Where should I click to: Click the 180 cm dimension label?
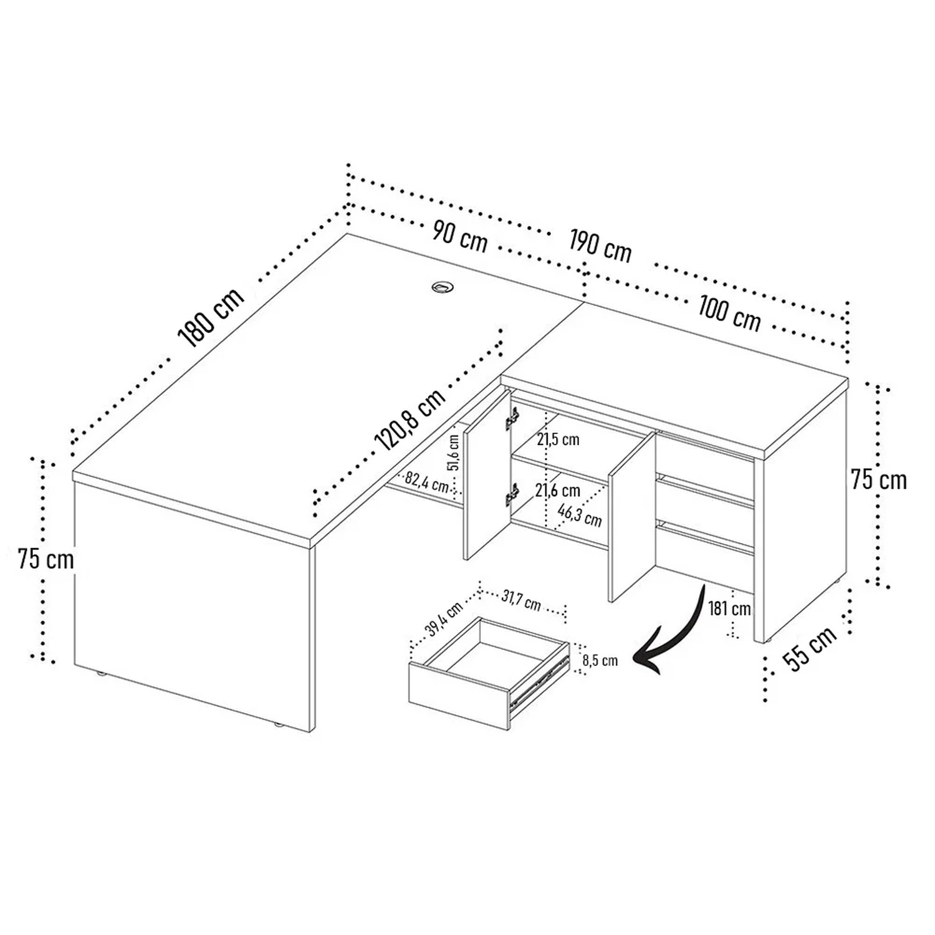pyautogui.click(x=211, y=317)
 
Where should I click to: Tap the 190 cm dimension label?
pyautogui.click(x=600, y=245)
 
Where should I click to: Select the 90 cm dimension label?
pyautogui.click(x=459, y=236)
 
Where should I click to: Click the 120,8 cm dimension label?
pyautogui.click(x=410, y=419)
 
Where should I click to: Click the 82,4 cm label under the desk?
pyautogui.click(x=427, y=482)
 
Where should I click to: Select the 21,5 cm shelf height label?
pyautogui.click(x=558, y=439)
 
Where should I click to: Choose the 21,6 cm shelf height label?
pyautogui.click(x=558, y=491)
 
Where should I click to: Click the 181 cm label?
pyautogui.click(x=729, y=608)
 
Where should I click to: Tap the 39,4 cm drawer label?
pyautogui.click(x=444, y=619)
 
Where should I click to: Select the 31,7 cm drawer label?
pyautogui.click(x=521, y=601)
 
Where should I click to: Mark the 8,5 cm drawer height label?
pyautogui.click(x=600, y=660)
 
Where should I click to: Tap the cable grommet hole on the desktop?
pyautogui.click(x=443, y=287)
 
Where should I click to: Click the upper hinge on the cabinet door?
pyautogui.click(x=512, y=419)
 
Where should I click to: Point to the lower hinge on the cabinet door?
pyautogui.click(x=512, y=495)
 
